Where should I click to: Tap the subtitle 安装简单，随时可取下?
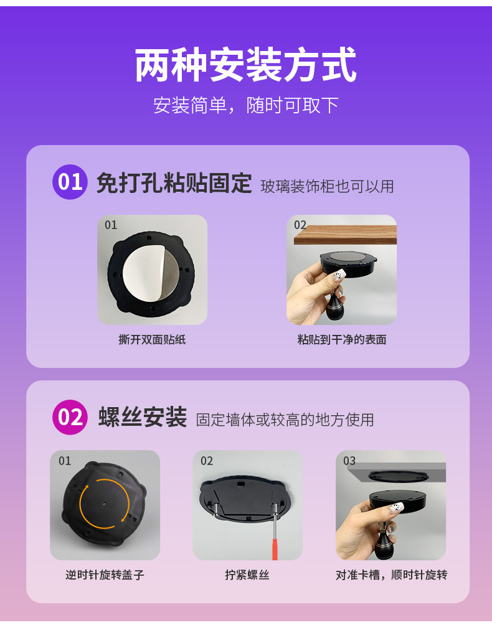click(x=246, y=105)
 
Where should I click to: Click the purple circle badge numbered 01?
click(x=70, y=182)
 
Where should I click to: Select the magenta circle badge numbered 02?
click(x=70, y=417)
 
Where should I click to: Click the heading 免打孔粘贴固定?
click(x=174, y=183)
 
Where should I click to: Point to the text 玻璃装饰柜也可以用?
click(x=327, y=186)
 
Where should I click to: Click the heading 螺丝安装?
click(x=143, y=418)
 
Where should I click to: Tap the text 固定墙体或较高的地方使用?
click(x=285, y=420)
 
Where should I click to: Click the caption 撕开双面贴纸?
click(x=152, y=340)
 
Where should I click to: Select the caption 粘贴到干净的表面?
click(x=341, y=340)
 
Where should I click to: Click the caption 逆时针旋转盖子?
click(x=105, y=575)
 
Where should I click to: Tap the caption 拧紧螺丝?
click(x=247, y=575)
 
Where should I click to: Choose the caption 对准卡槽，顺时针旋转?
click(x=391, y=575)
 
